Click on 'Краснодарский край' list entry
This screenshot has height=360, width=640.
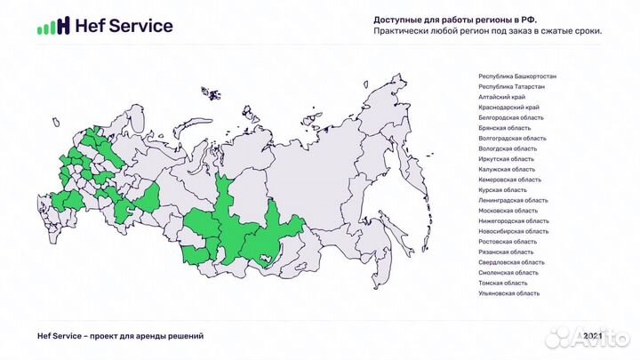(508, 108)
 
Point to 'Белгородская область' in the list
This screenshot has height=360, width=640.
(510, 118)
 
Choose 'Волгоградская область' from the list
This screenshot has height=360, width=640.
(512, 139)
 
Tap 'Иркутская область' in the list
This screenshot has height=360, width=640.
(507, 159)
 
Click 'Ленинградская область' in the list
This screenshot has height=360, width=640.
(513, 200)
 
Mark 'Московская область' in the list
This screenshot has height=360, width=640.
(508, 211)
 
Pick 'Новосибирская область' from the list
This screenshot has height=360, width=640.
(512, 231)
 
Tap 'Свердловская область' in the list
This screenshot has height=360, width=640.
(511, 262)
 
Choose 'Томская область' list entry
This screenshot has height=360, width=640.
(503, 283)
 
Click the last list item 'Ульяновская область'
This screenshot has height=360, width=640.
(508, 293)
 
